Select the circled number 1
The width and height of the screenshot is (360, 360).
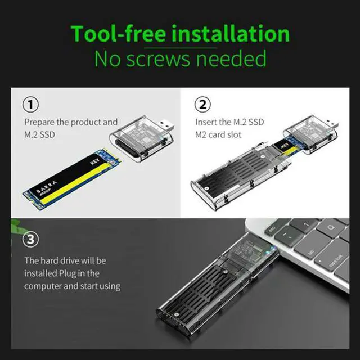[31, 105]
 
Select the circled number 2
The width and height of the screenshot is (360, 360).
[203, 105]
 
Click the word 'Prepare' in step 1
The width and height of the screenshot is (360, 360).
[39, 121]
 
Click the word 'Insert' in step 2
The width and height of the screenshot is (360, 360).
[206, 121]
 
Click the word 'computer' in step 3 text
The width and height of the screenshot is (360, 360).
[46, 286]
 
